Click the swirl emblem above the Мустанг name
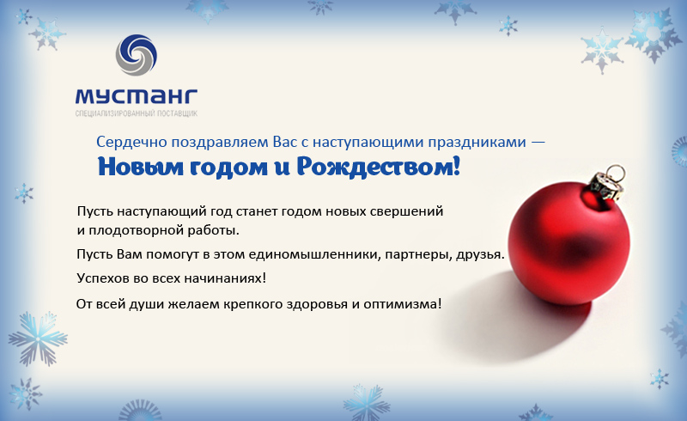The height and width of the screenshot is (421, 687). click(137, 55)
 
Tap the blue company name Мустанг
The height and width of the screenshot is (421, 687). click(137, 97)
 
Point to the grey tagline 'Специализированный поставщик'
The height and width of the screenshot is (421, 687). click(137, 113)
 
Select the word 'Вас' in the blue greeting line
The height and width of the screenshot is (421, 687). click(285, 142)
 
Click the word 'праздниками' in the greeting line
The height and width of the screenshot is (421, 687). click(477, 143)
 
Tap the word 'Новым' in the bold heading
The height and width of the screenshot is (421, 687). click(140, 167)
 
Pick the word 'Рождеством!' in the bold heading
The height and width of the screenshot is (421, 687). click(379, 167)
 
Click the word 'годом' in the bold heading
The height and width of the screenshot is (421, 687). click(228, 168)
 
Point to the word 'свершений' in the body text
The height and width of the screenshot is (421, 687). click(406, 211)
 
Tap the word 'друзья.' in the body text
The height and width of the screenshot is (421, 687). click(481, 254)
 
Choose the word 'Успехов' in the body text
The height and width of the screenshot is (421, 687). click(103, 278)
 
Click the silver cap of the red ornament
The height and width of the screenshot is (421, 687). click(605, 186)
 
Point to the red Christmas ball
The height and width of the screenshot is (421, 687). click(568, 243)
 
